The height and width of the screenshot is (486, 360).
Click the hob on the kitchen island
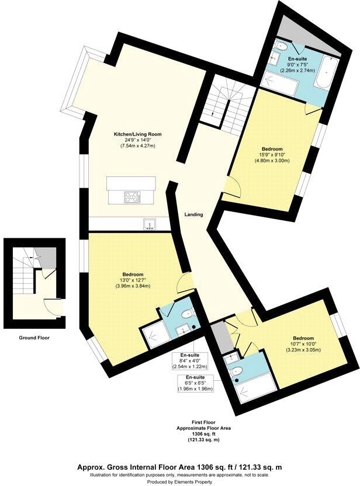[x=132, y=198]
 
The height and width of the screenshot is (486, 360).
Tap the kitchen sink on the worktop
[x=149, y=224]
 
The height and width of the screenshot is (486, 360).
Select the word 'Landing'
[x=193, y=214]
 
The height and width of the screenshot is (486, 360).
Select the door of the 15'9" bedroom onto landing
[x=232, y=187]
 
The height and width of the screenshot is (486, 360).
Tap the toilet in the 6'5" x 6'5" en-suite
[x=235, y=372]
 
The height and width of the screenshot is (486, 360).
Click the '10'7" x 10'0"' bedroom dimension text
[x=303, y=345]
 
